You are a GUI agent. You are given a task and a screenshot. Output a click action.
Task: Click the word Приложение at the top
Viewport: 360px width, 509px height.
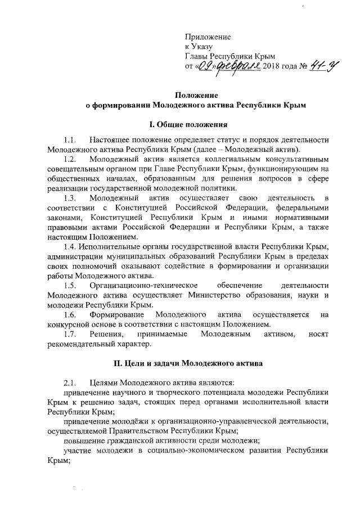coord(208,37)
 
